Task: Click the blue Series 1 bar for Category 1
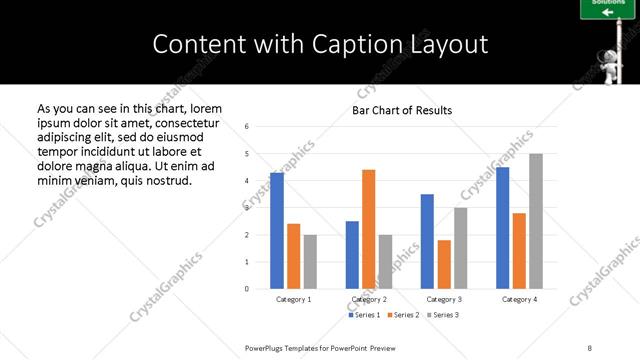pyautogui.click(x=277, y=231)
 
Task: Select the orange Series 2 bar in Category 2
pyautogui.click(x=368, y=229)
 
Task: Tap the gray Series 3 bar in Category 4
pyautogui.click(x=536, y=221)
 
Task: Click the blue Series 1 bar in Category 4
pyautogui.click(x=502, y=228)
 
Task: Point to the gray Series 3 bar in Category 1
pyautogui.click(x=311, y=262)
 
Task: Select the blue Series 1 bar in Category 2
pyautogui.click(x=352, y=255)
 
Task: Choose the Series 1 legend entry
pyautogui.click(x=365, y=315)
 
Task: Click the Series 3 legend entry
pyautogui.click(x=444, y=315)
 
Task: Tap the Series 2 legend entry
pyautogui.click(x=405, y=315)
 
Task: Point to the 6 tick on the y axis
pyautogui.click(x=247, y=127)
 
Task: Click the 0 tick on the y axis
pyautogui.click(x=247, y=289)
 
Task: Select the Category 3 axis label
pyautogui.click(x=443, y=299)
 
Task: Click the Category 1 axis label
pyautogui.click(x=293, y=299)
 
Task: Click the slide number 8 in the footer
pyautogui.click(x=590, y=347)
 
